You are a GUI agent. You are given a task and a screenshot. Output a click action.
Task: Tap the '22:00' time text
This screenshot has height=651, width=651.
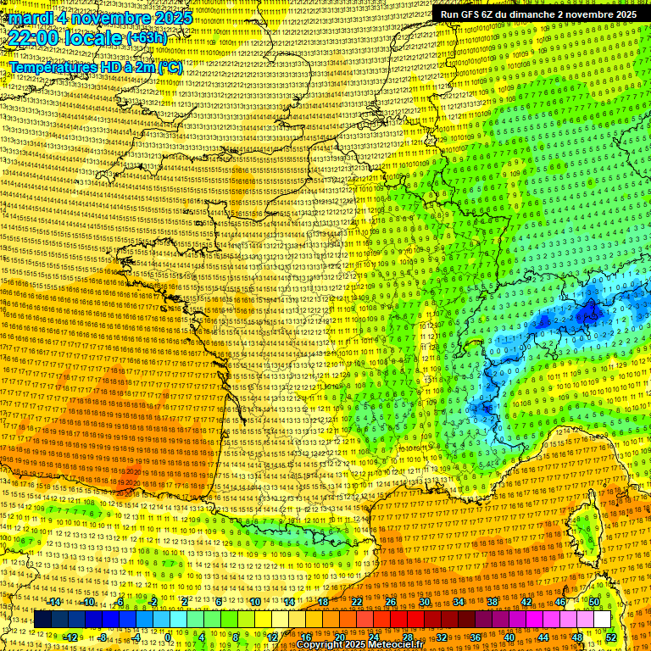pos(31,39)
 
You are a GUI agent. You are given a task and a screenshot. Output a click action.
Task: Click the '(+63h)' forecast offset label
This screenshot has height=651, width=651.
pos(147,39)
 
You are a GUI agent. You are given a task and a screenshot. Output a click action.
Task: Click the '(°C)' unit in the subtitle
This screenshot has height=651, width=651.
pos(170,67)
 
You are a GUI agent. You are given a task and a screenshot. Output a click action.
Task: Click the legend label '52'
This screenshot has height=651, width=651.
pos(611,637)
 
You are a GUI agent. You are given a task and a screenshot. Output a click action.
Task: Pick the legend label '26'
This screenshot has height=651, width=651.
pos(391,602)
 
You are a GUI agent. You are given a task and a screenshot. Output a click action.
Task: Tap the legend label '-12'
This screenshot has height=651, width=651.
pos(70,637)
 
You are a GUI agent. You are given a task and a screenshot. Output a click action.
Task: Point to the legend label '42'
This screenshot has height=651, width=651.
pos(526,602)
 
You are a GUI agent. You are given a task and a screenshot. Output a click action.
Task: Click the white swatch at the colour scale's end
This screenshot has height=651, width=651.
pos(602,620)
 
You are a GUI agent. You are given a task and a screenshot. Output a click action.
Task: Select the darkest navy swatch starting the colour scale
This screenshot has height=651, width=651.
pos(42,620)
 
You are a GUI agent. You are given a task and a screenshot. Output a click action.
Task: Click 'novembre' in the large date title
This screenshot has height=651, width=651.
pos(108,18)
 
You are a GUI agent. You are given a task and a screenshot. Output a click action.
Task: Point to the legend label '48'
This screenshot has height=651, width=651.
pos(577,637)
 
